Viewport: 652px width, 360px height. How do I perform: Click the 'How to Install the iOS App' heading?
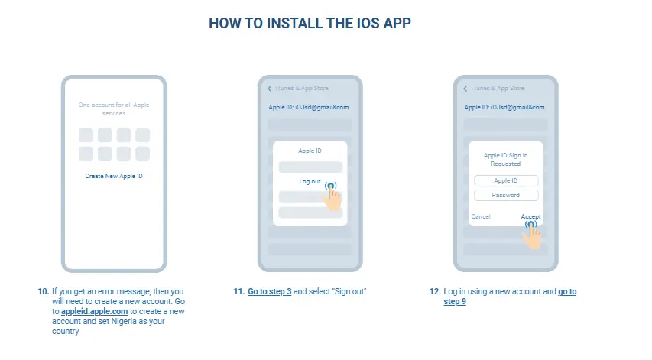[x=310, y=23]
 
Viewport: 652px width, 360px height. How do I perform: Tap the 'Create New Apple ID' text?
[x=114, y=176]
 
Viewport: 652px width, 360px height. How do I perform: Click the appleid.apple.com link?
[x=94, y=311]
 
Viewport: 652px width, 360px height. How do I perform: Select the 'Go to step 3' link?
[x=270, y=291]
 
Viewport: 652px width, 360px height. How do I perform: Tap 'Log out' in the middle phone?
[x=310, y=181]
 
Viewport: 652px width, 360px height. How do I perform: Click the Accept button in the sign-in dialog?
[x=530, y=216]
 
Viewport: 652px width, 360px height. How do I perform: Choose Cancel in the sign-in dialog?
[x=481, y=216]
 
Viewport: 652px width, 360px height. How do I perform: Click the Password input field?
[x=506, y=195]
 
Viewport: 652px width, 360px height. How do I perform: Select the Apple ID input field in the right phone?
[x=506, y=180]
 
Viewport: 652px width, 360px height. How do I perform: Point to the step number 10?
[x=44, y=291]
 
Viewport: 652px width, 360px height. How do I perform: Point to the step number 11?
[x=238, y=291]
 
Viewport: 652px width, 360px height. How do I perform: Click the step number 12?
[x=434, y=291]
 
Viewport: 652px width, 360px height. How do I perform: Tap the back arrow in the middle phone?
[x=270, y=89]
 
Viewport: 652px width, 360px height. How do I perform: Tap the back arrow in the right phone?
[x=465, y=89]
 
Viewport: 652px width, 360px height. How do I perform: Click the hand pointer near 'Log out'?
[x=332, y=197]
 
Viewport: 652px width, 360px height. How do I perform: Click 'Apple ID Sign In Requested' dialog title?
[x=506, y=159]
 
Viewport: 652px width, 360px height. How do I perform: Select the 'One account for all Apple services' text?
[x=114, y=109]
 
